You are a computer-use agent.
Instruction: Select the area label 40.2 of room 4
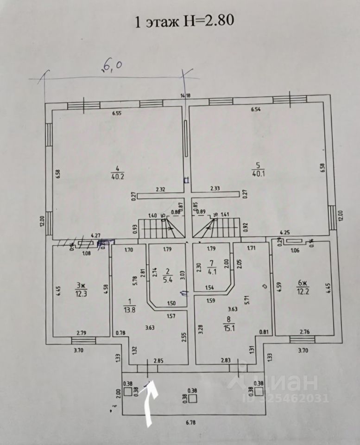117,176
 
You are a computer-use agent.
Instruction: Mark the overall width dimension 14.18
186,96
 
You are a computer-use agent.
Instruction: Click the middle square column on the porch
193,398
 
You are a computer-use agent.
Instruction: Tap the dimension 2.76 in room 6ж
304,332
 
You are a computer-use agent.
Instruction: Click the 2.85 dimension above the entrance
158,360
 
